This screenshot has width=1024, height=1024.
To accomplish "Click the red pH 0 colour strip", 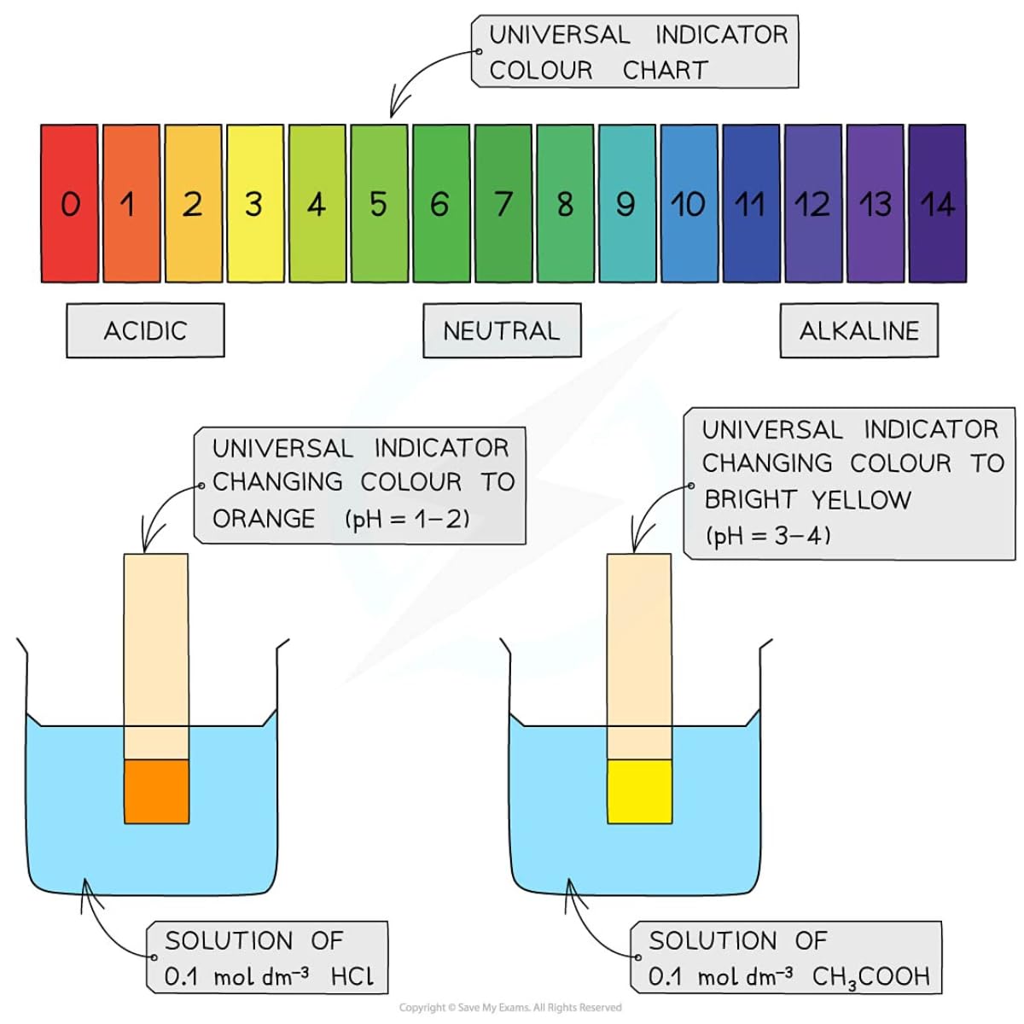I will tap(69, 203).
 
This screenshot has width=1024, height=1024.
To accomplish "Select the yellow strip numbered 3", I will tap(255, 203).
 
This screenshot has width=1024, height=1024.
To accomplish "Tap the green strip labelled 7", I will tap(503, 203).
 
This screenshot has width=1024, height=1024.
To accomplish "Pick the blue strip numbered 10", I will tap(689, 203).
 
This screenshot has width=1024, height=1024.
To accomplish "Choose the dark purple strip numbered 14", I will tap(937, 203).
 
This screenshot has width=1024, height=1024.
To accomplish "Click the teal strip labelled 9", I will tap(627, 203).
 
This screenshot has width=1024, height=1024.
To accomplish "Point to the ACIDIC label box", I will tap(145, 330).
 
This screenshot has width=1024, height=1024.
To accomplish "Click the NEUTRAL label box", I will tap(502, 330).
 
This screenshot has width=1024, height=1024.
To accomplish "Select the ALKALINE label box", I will tap(858, 330).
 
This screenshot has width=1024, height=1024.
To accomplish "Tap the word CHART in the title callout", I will tap(666, 70).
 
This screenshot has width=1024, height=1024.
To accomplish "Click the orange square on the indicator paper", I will tap(156, 791).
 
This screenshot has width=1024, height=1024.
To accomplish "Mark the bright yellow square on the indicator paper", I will tap(639, 791).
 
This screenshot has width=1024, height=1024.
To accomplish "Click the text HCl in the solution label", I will tap(352, 976).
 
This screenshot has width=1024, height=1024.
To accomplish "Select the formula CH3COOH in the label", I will tap(870, 976).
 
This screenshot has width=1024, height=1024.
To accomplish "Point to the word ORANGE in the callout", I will tap(264, 519).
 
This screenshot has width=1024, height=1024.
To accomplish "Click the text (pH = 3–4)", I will tap(768, 536).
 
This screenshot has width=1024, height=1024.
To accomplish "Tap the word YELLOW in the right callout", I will tap(861, 499).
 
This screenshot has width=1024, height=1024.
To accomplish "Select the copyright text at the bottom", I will tap(510, 1008).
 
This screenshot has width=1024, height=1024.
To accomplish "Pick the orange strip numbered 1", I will tap(131, 203).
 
